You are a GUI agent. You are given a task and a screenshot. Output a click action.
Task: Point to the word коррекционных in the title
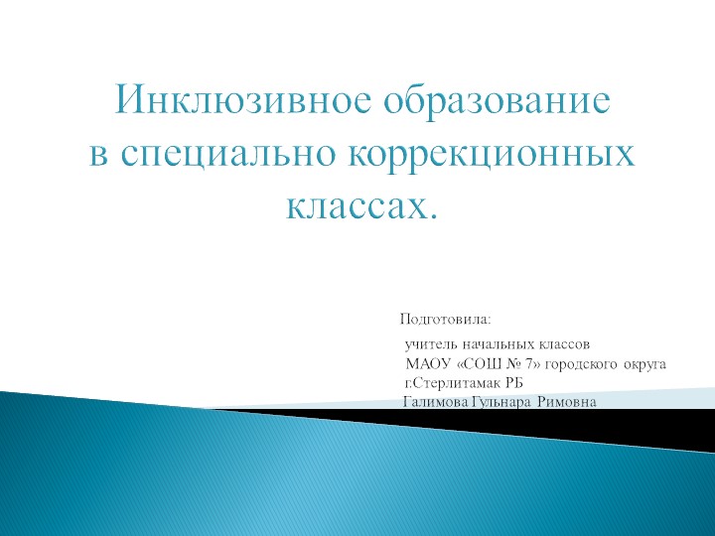[x=493, y=155]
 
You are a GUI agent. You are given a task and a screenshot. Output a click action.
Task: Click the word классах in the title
[x=357, y=208]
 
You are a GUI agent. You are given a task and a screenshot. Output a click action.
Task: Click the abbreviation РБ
[x=513, y=383]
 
